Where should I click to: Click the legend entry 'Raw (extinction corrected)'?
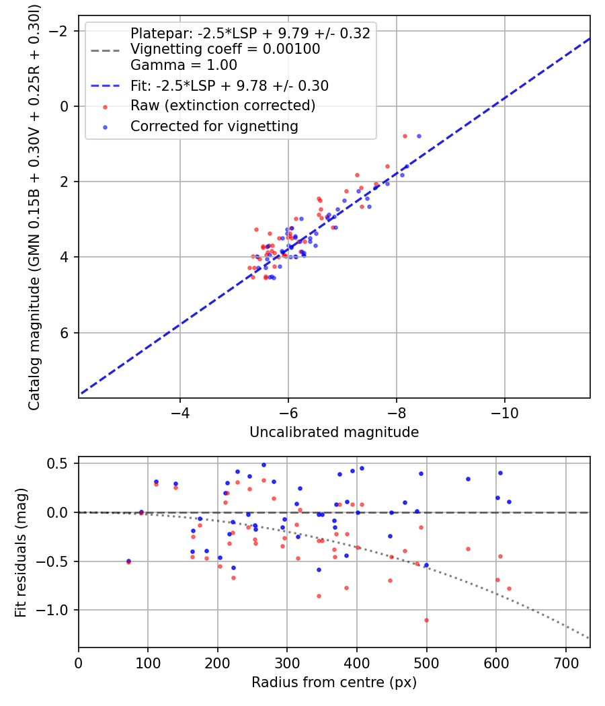coord(223,106)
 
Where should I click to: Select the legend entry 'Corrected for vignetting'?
coord(213,126)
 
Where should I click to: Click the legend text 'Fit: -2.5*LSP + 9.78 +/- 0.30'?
coord(229,85)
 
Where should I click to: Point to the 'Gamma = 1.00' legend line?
coord(184,65)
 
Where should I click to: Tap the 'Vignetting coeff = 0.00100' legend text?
coord(225,49)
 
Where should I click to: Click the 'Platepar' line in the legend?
coord(250,34)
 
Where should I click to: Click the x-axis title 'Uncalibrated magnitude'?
coord(334,432)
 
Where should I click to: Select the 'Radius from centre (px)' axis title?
coord(334,682)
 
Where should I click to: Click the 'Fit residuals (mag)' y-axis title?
coord(21,552)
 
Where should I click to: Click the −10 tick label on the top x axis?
coord(505,414)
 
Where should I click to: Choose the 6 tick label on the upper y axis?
coord(65,333)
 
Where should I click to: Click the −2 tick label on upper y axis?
coord(61,31)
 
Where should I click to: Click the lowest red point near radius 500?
coord(426,620)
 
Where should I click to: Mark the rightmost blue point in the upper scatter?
coord(419,136)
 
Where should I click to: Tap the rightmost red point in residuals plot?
coord(509,588)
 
